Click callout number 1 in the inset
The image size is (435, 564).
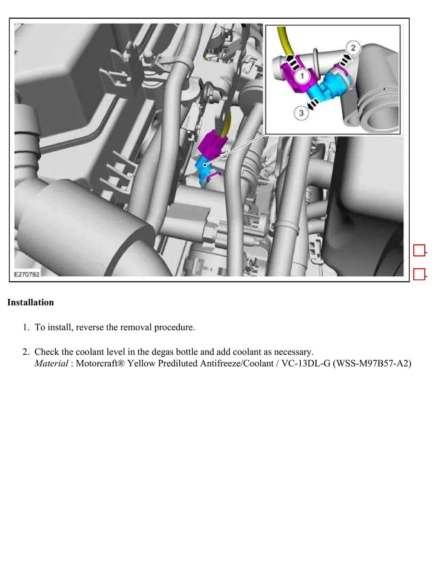pos(302,76)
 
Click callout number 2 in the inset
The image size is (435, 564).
pos(353,48)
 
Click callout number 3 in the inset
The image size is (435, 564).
pos(301,113)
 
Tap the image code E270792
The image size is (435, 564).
pos(27,275)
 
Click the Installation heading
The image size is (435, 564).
pos(31,302)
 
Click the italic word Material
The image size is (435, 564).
pos(51,363)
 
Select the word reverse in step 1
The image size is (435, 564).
pos(90,327)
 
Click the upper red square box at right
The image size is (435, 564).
pos(419,251)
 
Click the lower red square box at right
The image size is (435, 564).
pos(419,274)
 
